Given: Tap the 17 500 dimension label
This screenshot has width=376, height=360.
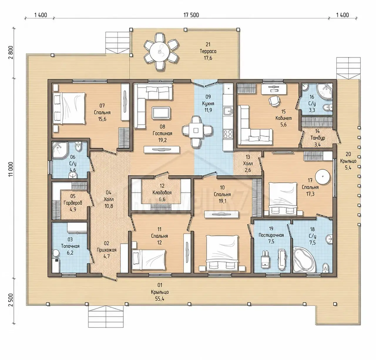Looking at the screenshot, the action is [x=191, y=15].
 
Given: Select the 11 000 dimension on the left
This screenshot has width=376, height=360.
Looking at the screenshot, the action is [x=11, y=169].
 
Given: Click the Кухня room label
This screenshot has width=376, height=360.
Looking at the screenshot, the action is [x=208, y=104].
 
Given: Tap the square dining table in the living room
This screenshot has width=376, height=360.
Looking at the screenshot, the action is [x=196, y=130].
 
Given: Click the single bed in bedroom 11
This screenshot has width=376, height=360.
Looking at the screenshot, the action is [x=149, y=259].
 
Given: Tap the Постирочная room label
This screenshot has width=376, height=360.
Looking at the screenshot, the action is [x=271, y=235].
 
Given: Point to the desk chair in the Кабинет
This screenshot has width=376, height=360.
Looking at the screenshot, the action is [x=274, y=101].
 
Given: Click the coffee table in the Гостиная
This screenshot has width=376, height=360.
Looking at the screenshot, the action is [x=161, y=113].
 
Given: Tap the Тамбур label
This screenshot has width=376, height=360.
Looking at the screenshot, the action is [x=318, y=138].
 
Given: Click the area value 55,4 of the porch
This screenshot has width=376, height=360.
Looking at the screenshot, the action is [x=160, y=299].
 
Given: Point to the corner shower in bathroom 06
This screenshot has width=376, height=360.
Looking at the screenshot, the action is [x=60, y=150].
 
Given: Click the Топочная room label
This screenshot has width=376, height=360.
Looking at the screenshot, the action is [x=70, y=246].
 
